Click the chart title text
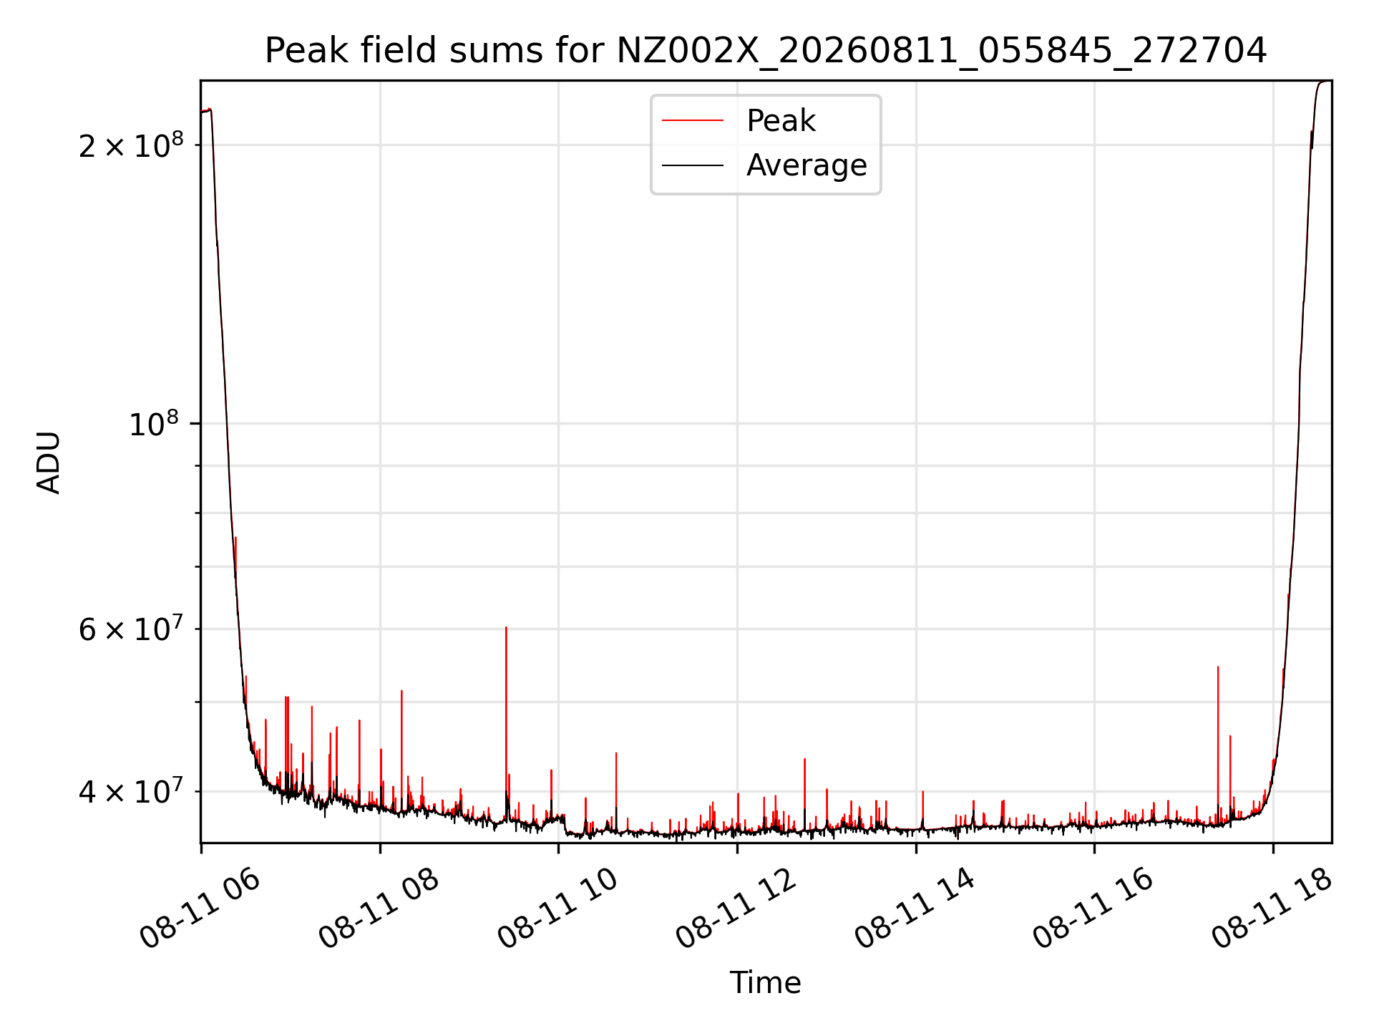tap(766, 51)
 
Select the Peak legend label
tap(781, 121)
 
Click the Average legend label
tap(807, 165)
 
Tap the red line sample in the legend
tap(693, 121)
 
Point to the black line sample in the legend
tap(693, 165)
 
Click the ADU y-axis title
tap(49, 462)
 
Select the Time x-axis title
tap(765, 982)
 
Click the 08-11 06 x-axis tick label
tap(200, 909)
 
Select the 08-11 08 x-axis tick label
tap(379, 909)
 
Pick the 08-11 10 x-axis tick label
tap(558, 909)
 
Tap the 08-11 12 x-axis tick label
tap(736, 909)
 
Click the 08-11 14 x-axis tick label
tap(915, 909)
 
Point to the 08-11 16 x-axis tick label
tap(1093, 909)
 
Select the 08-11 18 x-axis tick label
tap(1272, 909)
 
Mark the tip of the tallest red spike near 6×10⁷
tap(506, 627)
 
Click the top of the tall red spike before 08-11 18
tap(1218, 667)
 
